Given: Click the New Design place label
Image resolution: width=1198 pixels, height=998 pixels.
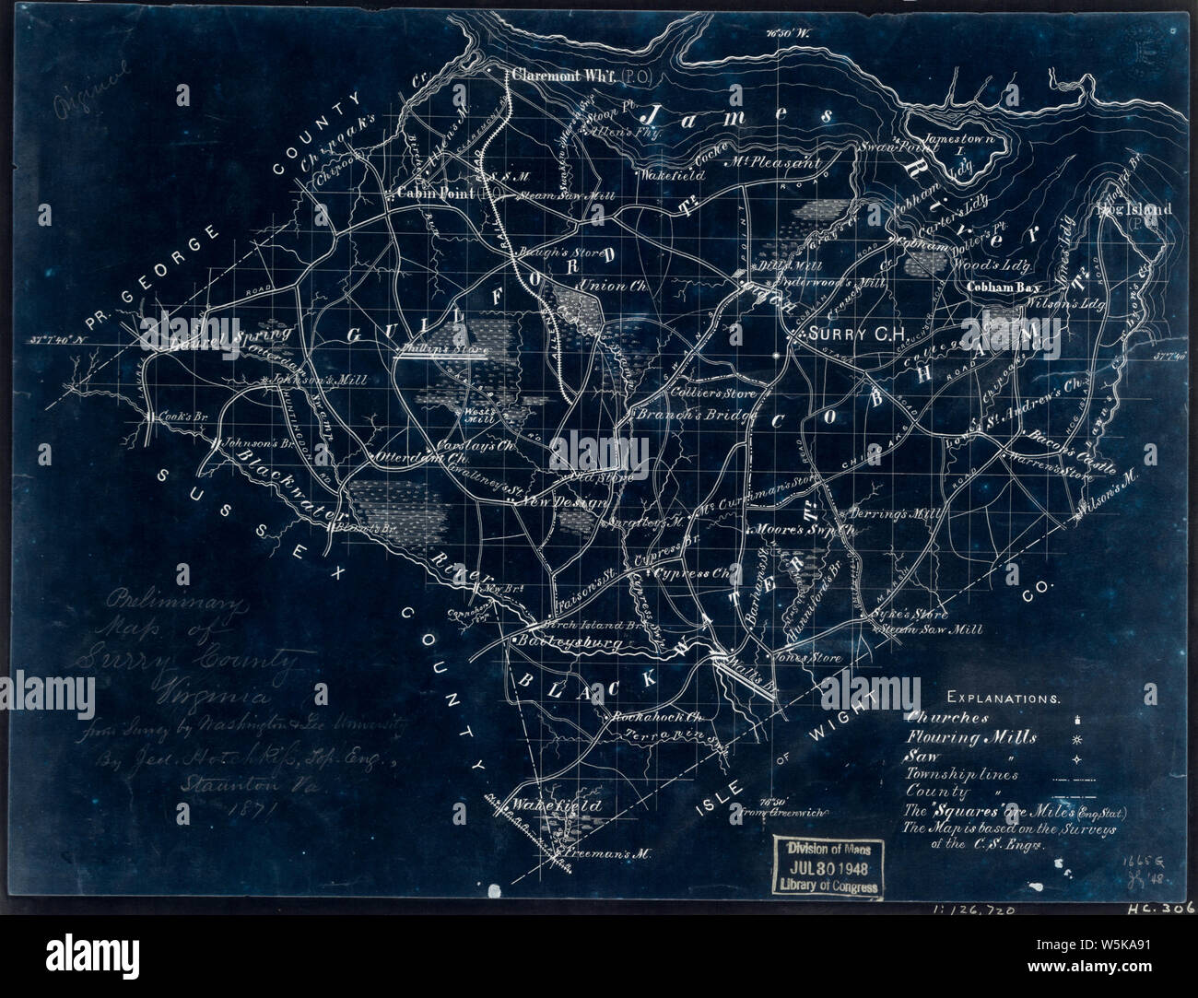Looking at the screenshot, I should pyautogui.click(x=562, y=502).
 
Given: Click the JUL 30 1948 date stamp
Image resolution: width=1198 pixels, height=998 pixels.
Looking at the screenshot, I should pyautogui.click(x=831, y=867).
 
